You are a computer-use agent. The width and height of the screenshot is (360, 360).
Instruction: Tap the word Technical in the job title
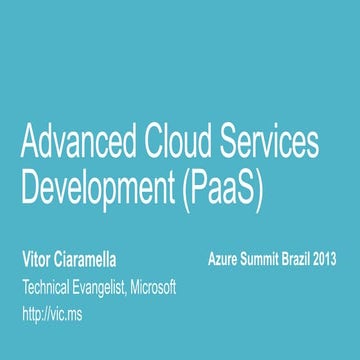[x=49, y=287]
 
